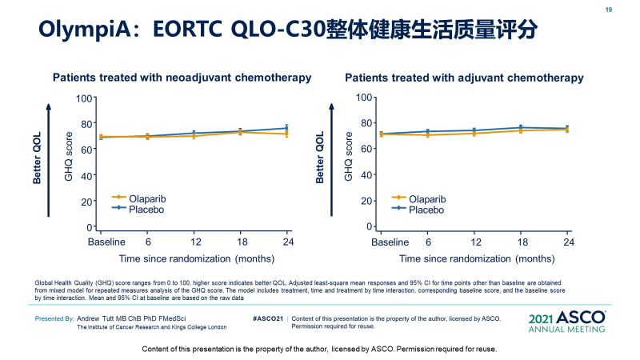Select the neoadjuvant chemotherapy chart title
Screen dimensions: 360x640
click(x=182, y=78)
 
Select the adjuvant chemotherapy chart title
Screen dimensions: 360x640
click(x=464, y=78)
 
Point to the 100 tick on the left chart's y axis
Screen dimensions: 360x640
click(x=84, y=98)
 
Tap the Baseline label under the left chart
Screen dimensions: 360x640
click(x=106, y=242)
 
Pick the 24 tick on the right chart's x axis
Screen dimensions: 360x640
click(x=567, y=242)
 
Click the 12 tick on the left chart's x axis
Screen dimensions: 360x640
click(x=194, y=242)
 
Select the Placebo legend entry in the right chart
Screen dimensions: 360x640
click(x=426, y=210)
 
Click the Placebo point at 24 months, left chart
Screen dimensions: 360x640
click(x=287, y=128)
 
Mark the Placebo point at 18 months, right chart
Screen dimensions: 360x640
click(x=522, y=127)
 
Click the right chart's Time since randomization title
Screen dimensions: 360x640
click(x=477, y=258)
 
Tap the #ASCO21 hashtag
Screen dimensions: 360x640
click(x=268, y=318)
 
